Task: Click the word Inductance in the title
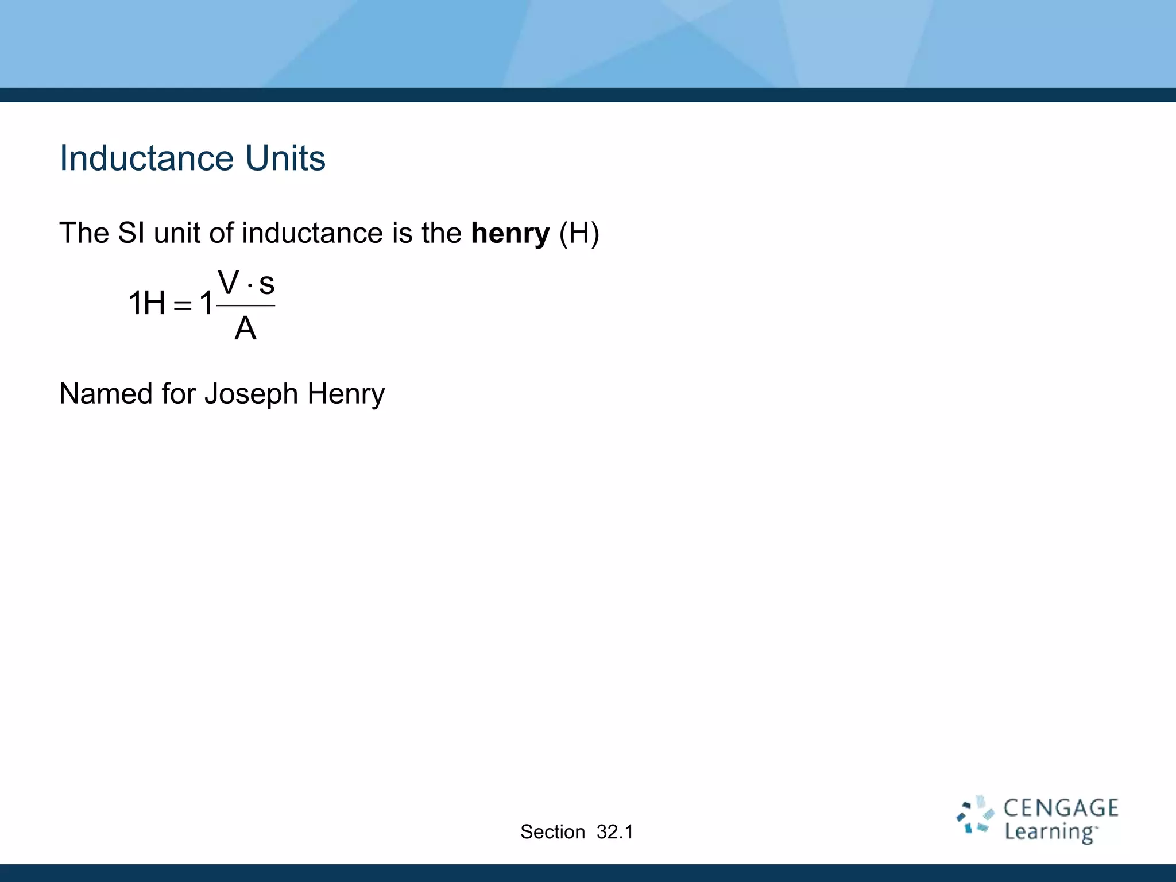[x=147, y=158]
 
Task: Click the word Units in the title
[x=285, y=158]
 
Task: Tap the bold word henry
[x=510, y=233]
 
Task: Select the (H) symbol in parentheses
[x=579, y=233]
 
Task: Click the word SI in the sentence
[x=131, y=233]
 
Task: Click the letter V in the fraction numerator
[x=229, y=283]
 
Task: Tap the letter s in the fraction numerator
[x=266, y=284]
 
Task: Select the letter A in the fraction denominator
[x=245, y=329]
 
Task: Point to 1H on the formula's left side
[x=146, y=303]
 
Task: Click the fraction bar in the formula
[x=246, y=306]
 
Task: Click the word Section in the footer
[x=552, y=832]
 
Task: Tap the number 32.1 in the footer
[x=615, y=832]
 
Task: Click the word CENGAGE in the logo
[x=1061, y=808]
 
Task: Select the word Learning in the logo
[x=1050, y=833]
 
